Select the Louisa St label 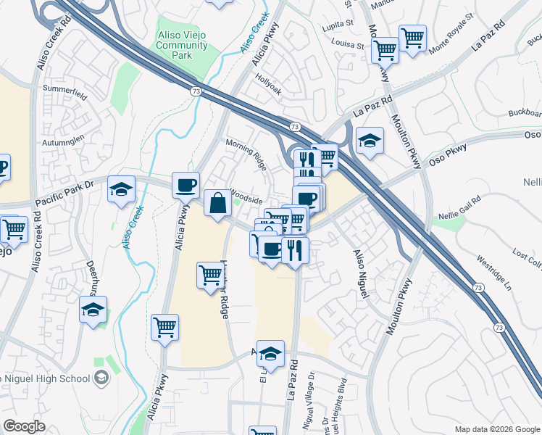pos(349,44)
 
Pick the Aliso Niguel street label pos(361,273)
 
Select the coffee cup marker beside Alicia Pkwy pos(186,185)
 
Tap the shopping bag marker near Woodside pos(217,204)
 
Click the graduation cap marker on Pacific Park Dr pos(121,190)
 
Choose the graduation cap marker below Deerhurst pos(93,310)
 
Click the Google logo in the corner pos(24,426)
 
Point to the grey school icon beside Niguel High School pos(101,377)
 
